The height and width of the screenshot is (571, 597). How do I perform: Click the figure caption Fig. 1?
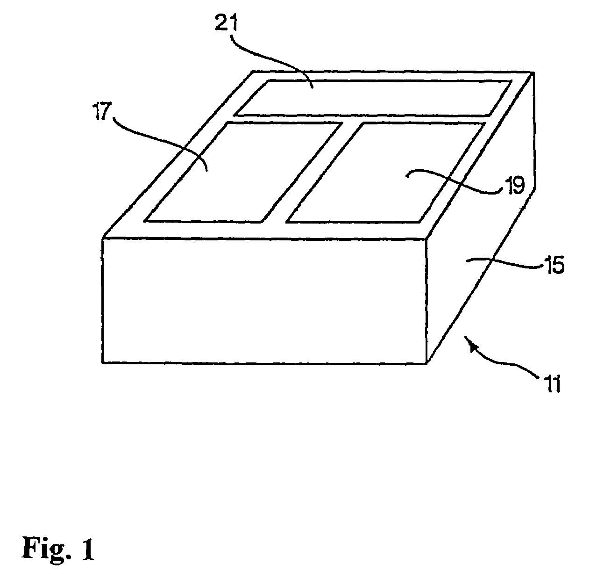tap(58, 549)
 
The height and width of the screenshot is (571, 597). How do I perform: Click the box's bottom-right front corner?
tap(427, 363)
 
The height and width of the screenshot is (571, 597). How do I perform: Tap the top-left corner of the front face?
tap(103, 239)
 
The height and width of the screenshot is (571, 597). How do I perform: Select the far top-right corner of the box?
tap(533, 72)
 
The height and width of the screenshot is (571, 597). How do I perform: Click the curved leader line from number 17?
tap(159, 136)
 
